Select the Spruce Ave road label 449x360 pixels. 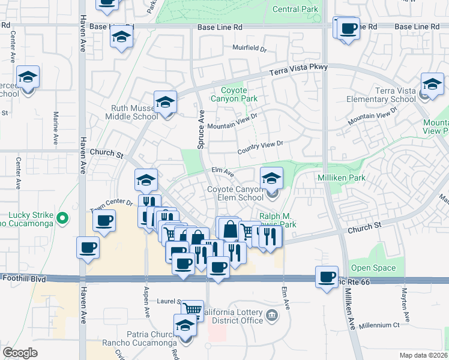[x=201, y=125]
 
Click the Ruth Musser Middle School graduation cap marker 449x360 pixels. [x=165, y=102]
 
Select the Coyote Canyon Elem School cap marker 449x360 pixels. [x=271, y=178]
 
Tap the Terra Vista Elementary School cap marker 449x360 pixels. [x=432, y=85]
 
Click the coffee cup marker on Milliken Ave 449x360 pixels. [x=327, y=277]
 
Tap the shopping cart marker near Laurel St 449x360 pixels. [x=192, y=310]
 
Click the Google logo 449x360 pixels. [x=20, y=353]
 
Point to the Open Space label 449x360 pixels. [x=373, y=268]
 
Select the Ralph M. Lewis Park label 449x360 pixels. [x=277, y=220]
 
